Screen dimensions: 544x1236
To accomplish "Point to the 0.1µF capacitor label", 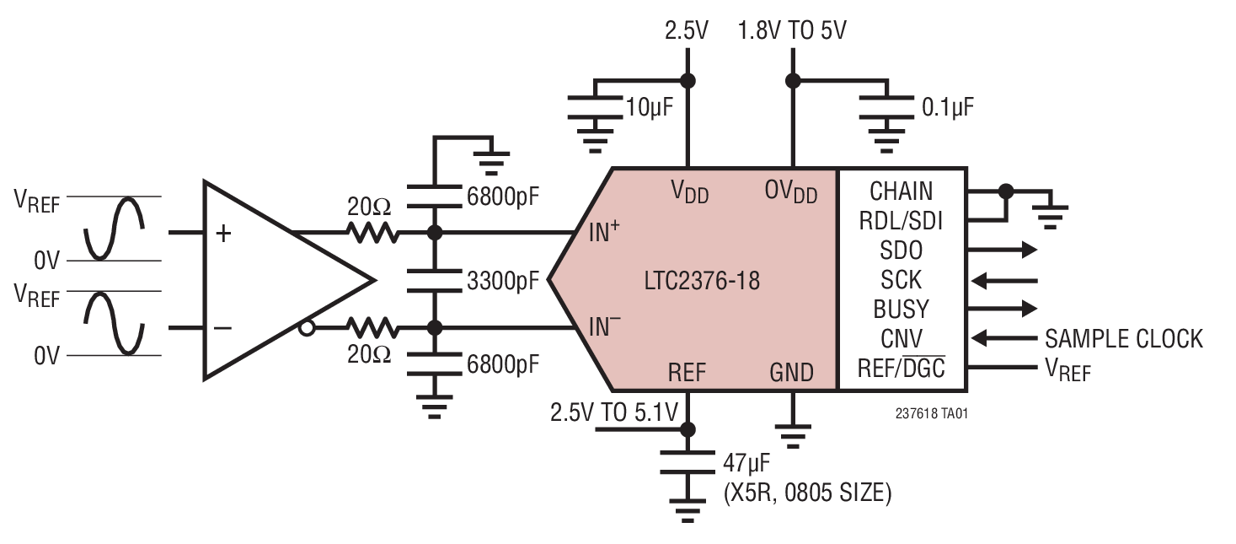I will point(948,106).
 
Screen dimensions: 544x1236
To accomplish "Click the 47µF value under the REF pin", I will point(746,464).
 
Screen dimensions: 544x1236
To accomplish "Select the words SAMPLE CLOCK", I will point(1123,339).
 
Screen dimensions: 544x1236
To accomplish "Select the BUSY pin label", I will point(901,309).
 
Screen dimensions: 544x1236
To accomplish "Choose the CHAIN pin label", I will point(901,191).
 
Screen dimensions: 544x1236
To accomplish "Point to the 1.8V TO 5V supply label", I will point(792,32).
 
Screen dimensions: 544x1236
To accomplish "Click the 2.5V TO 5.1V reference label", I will point(613,413).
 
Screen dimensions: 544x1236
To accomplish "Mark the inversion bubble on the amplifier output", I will point(308,328).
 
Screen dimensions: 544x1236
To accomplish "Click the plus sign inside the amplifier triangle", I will point(223,234).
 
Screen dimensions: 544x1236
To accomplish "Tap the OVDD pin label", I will point(792,191).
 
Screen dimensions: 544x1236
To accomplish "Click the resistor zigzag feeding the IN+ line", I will point(371,232).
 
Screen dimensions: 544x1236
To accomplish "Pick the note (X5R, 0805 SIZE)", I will point(806,493).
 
